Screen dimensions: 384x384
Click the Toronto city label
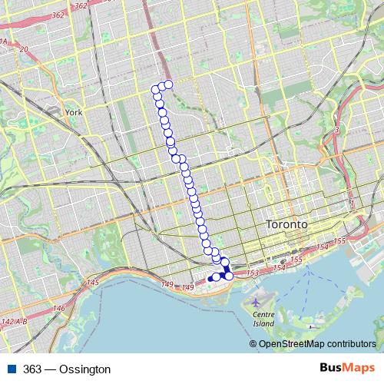pos(285,224)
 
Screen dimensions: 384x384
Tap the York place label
pos(74,112)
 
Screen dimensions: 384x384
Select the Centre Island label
pos(263,319)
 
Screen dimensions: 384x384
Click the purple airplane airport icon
pos(256,303)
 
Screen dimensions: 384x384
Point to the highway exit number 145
pos(93,283)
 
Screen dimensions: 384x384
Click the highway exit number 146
pos(58,308)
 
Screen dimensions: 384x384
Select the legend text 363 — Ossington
pos(67,369)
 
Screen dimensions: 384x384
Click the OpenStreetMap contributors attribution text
pos(317,343)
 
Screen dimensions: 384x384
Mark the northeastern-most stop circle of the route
pos(168,84)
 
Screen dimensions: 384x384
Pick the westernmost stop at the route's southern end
pos(210,278)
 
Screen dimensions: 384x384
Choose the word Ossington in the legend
pos(84,369)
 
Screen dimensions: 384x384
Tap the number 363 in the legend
pos(33,369)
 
